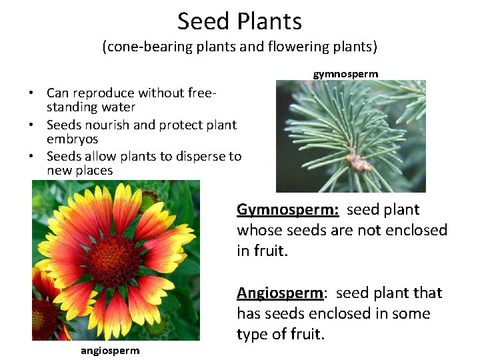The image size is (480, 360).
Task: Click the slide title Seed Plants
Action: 239,21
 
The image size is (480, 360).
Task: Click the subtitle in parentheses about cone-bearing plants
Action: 239,47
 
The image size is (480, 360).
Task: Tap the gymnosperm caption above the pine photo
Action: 345,73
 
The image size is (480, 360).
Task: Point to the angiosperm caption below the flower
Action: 110,351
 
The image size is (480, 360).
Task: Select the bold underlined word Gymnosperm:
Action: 288,210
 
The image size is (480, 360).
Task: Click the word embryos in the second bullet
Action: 72,139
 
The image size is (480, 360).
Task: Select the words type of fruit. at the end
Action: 280,334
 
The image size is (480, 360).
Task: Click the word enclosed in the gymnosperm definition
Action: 413,231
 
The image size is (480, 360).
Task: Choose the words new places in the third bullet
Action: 79,171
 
